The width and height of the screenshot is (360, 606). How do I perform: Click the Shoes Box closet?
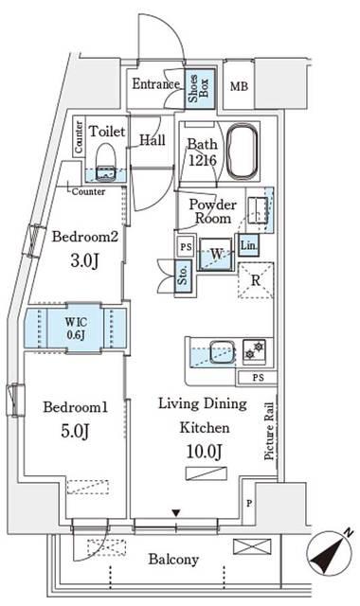click(x=200, y=89)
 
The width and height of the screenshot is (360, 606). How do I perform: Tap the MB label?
click(x=239, y=86)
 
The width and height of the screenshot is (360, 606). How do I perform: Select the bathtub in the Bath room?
click(x=243, y=151)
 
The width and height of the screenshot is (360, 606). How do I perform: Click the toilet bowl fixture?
click(x=105, y=162)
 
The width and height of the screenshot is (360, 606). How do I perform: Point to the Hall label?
click(x=153, y=140)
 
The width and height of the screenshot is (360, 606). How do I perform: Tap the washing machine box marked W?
click(x=216, y=254)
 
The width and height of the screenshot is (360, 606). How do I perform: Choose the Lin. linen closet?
click(x=248, y=245)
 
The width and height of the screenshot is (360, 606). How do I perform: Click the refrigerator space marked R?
click(x=256, y=280)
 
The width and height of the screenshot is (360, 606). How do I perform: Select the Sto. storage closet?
click(x=183, y=276)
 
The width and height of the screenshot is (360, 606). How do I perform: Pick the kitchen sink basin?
click(x=222, y=352)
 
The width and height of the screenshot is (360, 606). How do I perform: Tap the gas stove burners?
click(x=254, y=349)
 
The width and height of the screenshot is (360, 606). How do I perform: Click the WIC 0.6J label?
click(x=76, y=329)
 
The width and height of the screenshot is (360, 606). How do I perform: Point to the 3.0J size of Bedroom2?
click(x=84, y=261)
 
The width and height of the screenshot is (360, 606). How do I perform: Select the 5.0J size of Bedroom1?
click(x=75, y=432)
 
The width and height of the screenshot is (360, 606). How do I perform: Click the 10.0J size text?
click(x=205, y=452)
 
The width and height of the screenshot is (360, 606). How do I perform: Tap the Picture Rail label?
click(x=269, y=432)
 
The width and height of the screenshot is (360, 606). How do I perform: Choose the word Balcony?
click(x=173, y=560)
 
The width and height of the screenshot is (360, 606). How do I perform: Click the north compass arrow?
click(x=331, y=553)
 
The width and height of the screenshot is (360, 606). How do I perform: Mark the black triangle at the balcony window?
click(x=176, y=513)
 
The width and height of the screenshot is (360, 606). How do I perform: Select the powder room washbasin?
click(x=258, y=210)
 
